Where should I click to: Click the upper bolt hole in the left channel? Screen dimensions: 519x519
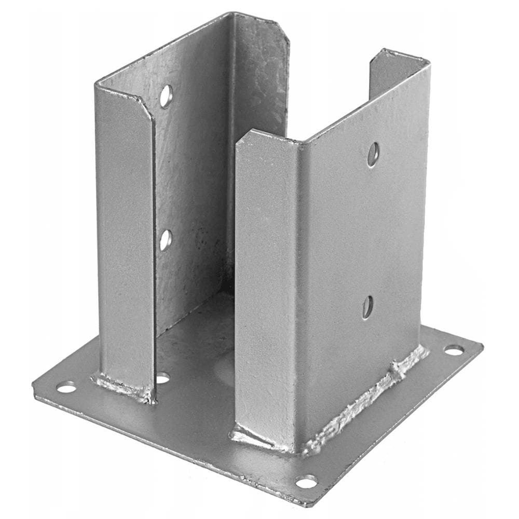(166, 96)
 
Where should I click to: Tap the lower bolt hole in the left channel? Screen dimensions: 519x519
(165, 240)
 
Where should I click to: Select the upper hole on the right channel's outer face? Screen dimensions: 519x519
(373, 155)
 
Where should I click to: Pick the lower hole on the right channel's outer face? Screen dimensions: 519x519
(367, 307)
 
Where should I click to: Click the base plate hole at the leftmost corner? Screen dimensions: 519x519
(66, 387)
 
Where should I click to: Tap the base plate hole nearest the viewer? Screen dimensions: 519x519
(306, 482)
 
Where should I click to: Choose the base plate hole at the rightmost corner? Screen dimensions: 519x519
(454, 350)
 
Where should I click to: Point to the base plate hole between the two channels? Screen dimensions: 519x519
(162, 377)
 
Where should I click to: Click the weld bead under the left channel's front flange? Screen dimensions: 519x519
(122, 387)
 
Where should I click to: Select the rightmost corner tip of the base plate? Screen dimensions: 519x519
(482, 345)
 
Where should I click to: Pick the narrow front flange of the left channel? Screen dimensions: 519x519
(125, 234)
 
